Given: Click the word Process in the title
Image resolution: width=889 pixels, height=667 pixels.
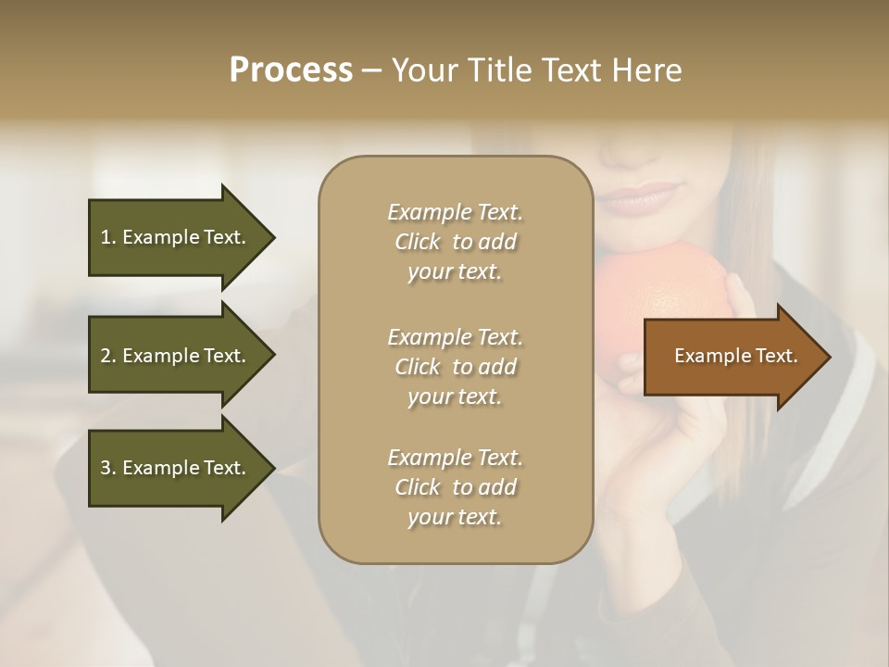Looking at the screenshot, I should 291,70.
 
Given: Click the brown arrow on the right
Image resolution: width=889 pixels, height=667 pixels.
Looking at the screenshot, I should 732,357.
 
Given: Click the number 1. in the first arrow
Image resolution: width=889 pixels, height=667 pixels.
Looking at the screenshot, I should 108,237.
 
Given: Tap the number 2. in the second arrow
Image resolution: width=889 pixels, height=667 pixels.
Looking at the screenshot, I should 108,356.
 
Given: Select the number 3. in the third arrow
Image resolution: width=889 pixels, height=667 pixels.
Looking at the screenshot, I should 108,468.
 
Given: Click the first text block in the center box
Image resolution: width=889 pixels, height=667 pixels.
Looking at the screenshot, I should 455,242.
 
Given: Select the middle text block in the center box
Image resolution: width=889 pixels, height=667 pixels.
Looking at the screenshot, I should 455,366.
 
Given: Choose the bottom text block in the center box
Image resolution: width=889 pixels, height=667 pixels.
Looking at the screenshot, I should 455,487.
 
